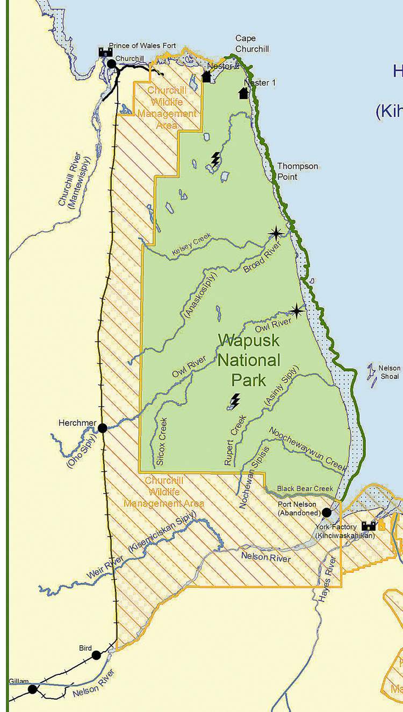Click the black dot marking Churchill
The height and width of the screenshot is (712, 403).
[112, 64]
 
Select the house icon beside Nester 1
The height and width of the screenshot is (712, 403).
[243, 93]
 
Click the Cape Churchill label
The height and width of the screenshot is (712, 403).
[246, 43]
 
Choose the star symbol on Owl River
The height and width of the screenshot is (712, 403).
[296, 310]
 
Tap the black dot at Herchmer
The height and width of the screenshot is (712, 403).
[102, 428]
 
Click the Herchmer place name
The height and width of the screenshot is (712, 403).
[77, 423]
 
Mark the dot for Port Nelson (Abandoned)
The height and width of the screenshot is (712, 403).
[326, 512]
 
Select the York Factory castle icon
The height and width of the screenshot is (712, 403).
[369, 525]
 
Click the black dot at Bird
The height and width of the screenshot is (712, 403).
[96, 655]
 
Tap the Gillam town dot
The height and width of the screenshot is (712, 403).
[32, 689]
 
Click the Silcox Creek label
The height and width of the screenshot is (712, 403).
[163, 436]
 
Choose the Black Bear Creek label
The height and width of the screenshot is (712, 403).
[305, 489]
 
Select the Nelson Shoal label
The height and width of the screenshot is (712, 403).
[390, 372]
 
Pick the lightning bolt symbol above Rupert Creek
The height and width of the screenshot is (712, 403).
[235, 399]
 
